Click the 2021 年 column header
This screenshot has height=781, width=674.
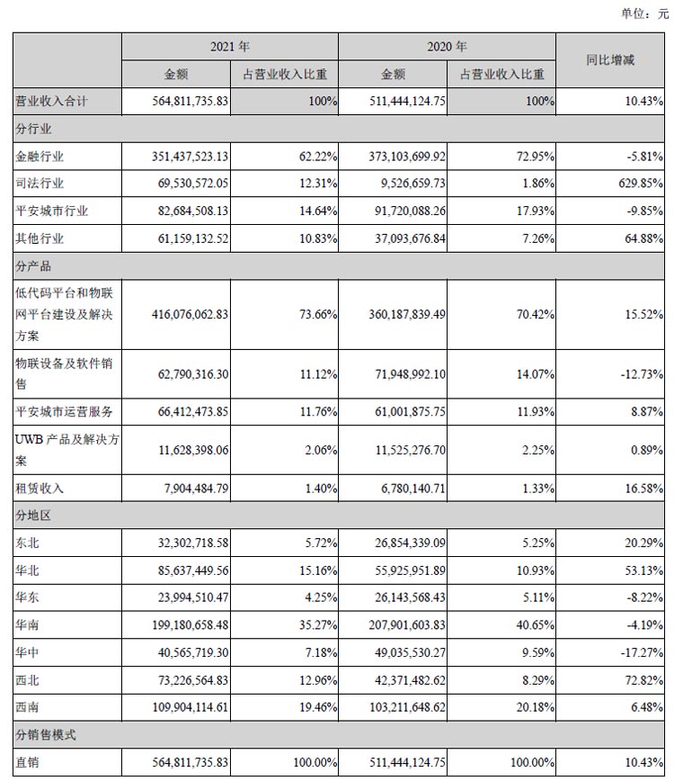[x=230, y=45]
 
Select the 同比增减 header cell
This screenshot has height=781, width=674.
[x=610, y=60]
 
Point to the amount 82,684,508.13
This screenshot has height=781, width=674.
[x=186, y=211]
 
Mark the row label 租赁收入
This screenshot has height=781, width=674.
[x=41, y=489]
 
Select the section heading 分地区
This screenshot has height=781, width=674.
[x=34, y=516]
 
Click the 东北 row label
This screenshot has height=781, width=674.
[x=29, y=543]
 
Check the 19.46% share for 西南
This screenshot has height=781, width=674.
[x=315, y=707]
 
